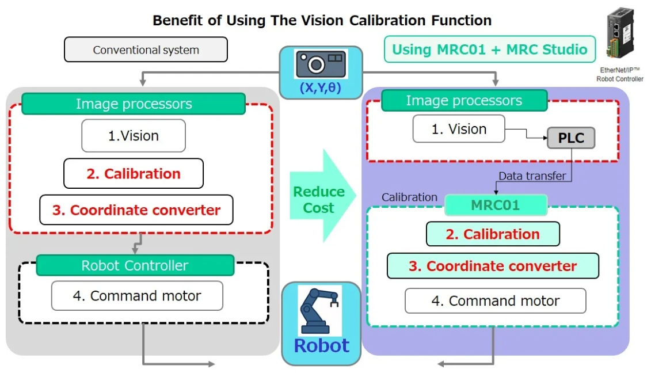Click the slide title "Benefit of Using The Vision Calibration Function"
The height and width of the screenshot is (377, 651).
tap(322, 21)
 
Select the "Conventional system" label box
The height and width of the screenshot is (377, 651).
tap(146, 50)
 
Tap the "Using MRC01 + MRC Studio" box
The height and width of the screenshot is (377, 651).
tap(489, 49)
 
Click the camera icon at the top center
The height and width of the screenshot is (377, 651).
tap(320, 63)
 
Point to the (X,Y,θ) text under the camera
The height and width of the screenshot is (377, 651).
tap(321, 88)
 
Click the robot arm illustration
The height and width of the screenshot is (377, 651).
tap(319, 310)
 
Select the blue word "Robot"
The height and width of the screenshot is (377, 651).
tap(321, 346)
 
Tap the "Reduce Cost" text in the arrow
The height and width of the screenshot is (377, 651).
tap(318, 200)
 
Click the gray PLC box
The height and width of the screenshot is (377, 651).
tap(571, 138)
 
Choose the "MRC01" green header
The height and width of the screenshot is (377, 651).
tap(496, 205)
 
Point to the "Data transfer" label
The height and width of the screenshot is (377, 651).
tap(532, 176)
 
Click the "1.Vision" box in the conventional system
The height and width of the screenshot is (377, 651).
tap(134, 136)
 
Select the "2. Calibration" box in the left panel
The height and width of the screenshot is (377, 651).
tap(134, 174)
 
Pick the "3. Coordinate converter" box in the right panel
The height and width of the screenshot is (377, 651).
tap(492, 266)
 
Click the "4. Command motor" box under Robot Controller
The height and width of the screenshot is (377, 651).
tap(137, 296)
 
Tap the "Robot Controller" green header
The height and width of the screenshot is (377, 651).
tap(135, 265)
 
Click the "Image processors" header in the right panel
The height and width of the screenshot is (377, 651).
tap(464, 101)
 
